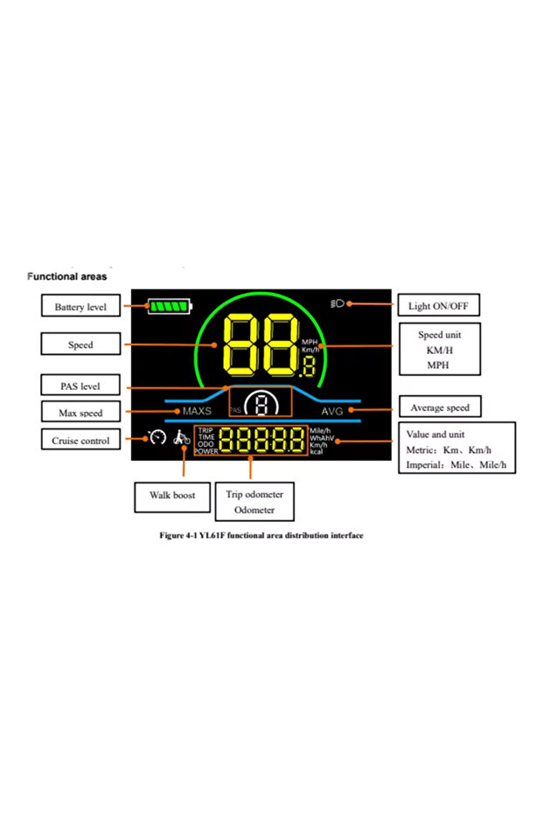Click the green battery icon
pyautogui.click(x=170, y=307)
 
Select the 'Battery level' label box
pyautogui.click(x=80, y=307)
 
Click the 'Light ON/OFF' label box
pyautogui.click(x=438, y=306)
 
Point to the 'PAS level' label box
pyautogui.click(x=80, y=385)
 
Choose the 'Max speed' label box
pyautogui.click(x=80, y=412)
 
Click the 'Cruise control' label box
pyautogui.click(x=80, y=441)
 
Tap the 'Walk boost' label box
pyautogui.click(x=172, y=495)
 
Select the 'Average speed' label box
pyautogui.click(x=440, y=407)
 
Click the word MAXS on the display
pyautogui.click(x=197, y=411)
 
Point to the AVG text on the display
pyautogui.click(x=332, y=411)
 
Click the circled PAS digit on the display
pyautogui.click(x=261, y=404)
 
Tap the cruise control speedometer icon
pyautogui.click(x=157, y=436)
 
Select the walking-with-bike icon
pyautogui.click(x=181, y=437)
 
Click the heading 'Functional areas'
pyautogui.click(x=67, y=276)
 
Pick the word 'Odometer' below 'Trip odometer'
pyautogui.click(x=254, y=510)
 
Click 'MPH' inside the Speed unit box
pyautogui.click(x=437, y=365)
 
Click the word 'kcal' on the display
pyautogui.click(x=317, y=451)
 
